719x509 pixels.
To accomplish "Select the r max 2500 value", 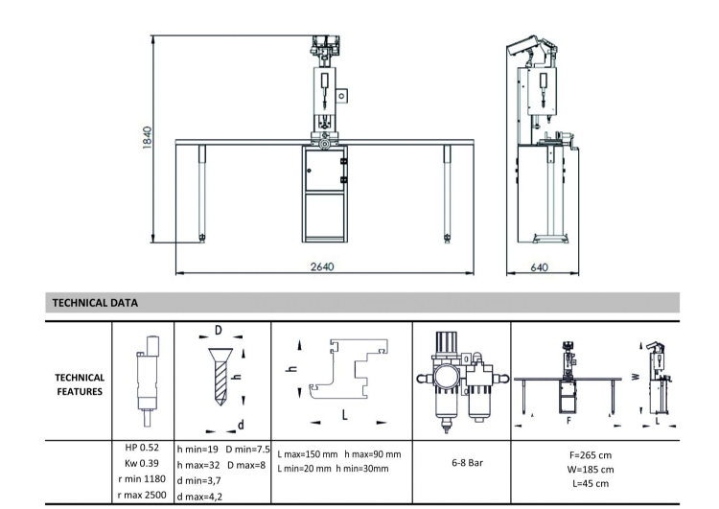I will [141, 497].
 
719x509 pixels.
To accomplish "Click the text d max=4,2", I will [199, 497].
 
